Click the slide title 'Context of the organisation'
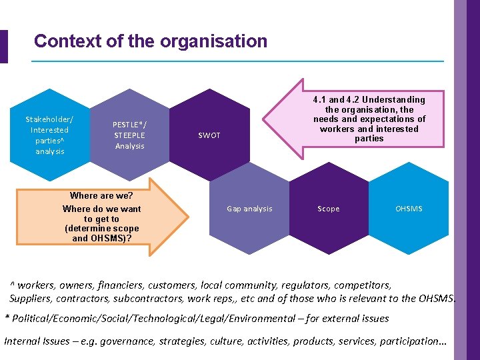[x=150, y=41]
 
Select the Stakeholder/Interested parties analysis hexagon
[x=49, y=135]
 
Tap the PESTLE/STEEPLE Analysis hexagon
[x=129, y=135]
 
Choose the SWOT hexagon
[x=209, y=136]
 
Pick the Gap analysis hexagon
[x=249, y=209]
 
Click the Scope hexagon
[x=328, y=209]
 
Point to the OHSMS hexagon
[x=408, y=209]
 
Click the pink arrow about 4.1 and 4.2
[x=360, y=120]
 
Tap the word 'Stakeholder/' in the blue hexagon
[x=49, y=119]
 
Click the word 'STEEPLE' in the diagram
[x=129, y=135]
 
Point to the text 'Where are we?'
[x=101, y=196]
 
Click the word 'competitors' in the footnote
[x=363, y=285]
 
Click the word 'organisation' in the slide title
[x=211, y=41]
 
